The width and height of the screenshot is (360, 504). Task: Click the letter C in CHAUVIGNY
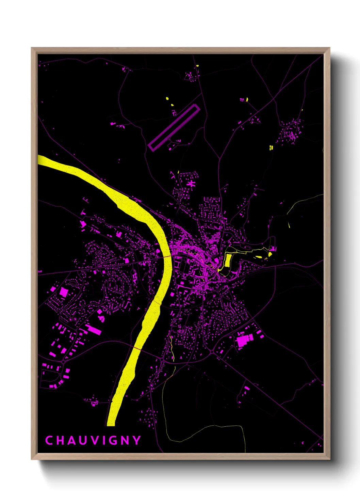[x=49, y=440]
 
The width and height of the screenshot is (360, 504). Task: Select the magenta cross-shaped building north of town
[x=191, y=184]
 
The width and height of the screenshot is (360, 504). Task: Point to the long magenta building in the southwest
[x=93, y=329]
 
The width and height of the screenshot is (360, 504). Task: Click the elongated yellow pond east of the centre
[x=228, y=260]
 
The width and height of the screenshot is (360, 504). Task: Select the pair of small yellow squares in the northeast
[x=271, y=147]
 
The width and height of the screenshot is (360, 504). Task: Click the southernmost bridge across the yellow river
[x=137, y=348]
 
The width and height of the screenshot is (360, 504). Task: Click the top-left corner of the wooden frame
[x=32, y=48]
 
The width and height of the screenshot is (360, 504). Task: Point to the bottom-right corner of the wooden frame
[x=329, y=459]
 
